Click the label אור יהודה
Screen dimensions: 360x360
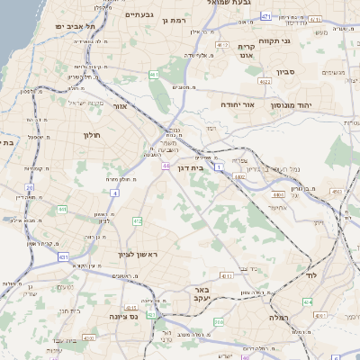click(238, 105)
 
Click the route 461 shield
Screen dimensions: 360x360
click(155, 75)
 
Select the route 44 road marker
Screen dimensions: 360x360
click(166, 166)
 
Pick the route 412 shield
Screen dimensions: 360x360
click(137, 221)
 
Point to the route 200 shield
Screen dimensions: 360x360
click(219, 321)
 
